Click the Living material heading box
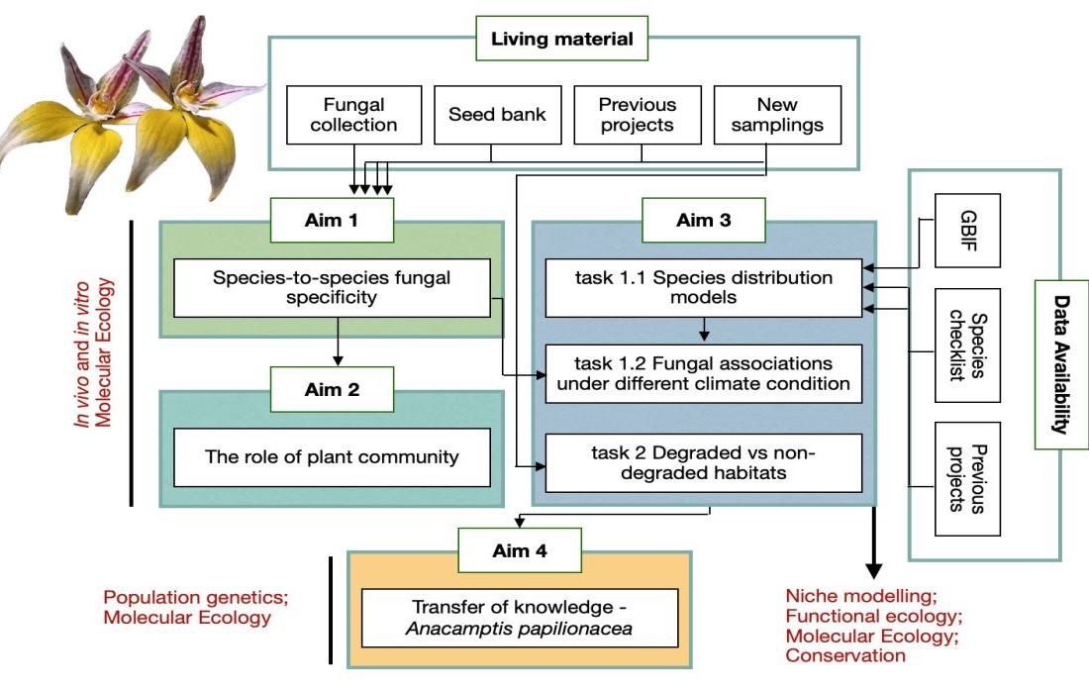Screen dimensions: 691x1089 561,40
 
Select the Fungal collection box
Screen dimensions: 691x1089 353,115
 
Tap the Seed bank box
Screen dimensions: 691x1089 497,115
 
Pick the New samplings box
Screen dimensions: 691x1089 777,115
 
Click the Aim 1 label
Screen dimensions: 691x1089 333,220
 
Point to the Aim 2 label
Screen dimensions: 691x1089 333,390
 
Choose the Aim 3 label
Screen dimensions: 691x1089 704,220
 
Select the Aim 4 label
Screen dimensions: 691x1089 520,550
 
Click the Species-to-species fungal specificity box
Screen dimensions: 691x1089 332,288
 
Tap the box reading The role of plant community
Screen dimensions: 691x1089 332,457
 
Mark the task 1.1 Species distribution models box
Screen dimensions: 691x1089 704,288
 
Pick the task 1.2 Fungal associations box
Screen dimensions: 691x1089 704,373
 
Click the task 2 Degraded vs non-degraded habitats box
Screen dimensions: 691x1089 704,463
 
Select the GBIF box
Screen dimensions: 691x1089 968,231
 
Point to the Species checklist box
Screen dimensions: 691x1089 968,345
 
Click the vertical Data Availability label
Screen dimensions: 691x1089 1061,364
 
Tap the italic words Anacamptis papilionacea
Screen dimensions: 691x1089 520,628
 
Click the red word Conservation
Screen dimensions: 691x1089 845,655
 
